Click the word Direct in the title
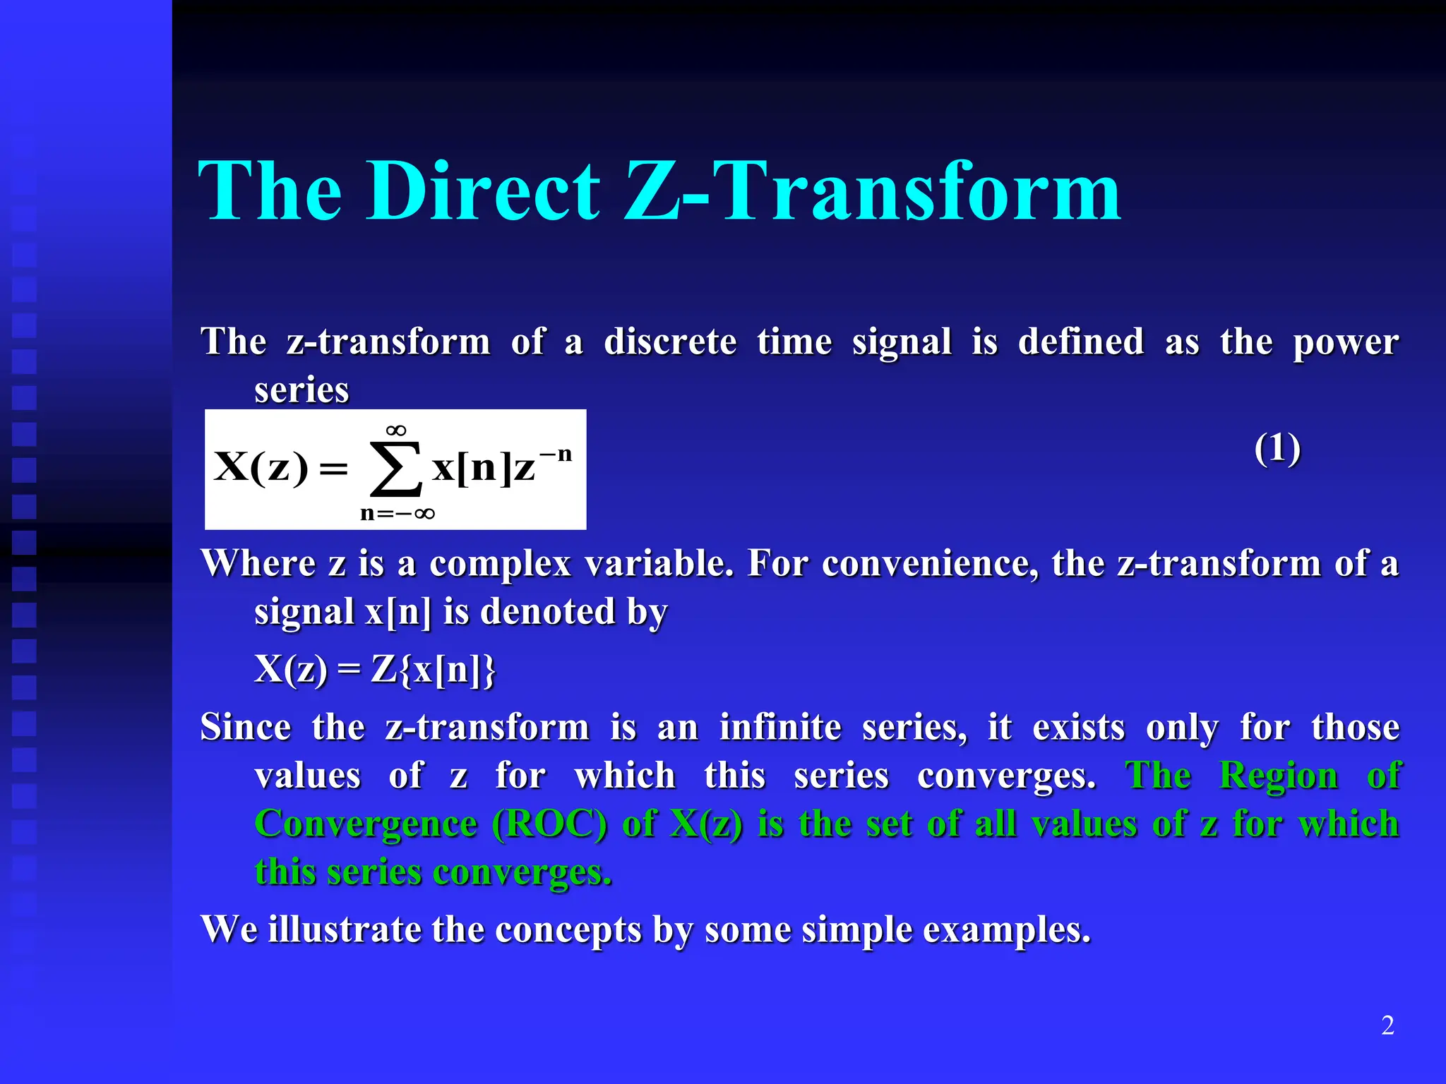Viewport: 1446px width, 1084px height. (483, 191)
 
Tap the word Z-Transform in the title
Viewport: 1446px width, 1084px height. (873, 191)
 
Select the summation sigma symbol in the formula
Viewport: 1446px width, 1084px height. (396, 469)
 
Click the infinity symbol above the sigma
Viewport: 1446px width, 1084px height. (396, 430)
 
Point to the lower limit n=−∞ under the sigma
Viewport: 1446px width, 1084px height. (397, 513)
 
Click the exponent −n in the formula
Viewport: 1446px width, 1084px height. (556, 454)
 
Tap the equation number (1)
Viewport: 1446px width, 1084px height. (1277, 449)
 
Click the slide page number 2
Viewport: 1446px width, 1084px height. (1387, 1025)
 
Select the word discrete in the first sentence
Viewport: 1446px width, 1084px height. (670, 342)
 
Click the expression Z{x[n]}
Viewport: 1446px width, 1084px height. (434, 669)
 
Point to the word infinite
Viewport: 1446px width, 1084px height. (780, 727)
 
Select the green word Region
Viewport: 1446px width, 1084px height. (1279, 776)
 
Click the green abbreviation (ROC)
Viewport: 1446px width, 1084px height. (549, 824)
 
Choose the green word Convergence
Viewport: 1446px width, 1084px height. (366, 824)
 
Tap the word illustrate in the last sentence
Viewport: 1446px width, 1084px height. (345, 929)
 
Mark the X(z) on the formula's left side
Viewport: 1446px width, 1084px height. (261, 467)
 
